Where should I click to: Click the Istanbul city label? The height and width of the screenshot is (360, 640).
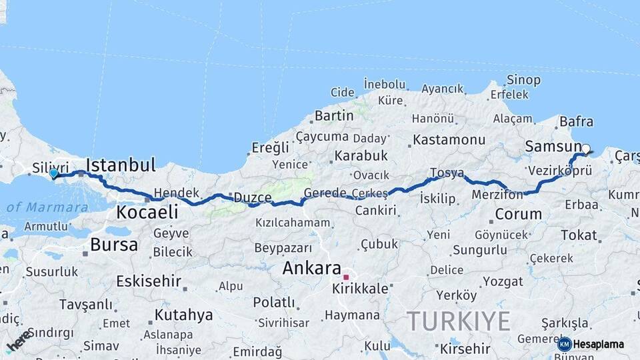[x=121, y=165]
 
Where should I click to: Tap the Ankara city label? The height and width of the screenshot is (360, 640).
[x=312, y=268]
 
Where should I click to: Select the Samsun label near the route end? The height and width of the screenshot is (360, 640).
[x=553, y=146]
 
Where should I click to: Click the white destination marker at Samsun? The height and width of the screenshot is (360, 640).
[x=586, y=149]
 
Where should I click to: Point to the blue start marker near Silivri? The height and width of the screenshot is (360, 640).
[x=53, y=173]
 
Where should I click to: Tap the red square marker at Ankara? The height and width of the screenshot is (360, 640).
[x=346, y=277]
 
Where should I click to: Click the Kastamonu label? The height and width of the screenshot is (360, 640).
[x=449, y=140]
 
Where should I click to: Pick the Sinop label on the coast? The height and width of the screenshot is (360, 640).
[x=523, y=80]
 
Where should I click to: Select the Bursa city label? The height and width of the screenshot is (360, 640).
[x=114, y=244]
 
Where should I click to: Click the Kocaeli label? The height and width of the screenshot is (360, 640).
[x=147, y=213]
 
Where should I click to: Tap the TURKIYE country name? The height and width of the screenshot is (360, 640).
[x=459, y=321]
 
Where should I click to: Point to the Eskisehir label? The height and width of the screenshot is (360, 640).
[x=148, y=281]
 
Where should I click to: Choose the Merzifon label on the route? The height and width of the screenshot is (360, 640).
[x=496, y=195]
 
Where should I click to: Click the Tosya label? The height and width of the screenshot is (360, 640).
[x=447, y=173]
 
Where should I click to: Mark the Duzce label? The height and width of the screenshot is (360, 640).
[x=251, y=197]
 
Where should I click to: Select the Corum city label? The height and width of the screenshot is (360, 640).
[x=518, y=215]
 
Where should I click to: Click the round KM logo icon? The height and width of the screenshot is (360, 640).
[x=565, y=344]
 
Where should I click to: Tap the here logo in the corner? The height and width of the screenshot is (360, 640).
[x=19, y=340]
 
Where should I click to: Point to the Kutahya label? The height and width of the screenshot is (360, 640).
[x=183, y=314]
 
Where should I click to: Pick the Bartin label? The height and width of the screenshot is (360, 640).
[x=334, y=115]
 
